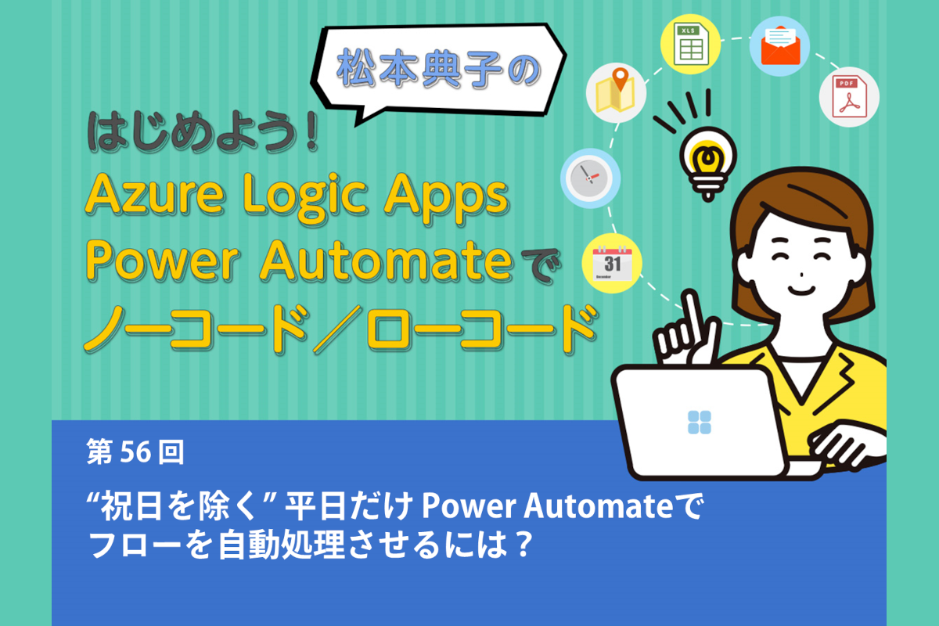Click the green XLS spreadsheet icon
[690, 44]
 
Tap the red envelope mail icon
[780, 45]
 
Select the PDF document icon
[849, 97]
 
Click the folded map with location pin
[616, 90]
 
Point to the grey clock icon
[590, 178]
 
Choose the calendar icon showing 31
[612, 264]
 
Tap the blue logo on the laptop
[700, 423]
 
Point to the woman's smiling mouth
[801, 290]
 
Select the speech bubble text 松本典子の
[438, 68]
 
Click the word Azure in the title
[155, 195]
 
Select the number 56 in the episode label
[135, 452]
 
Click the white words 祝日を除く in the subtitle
[178, 506]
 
